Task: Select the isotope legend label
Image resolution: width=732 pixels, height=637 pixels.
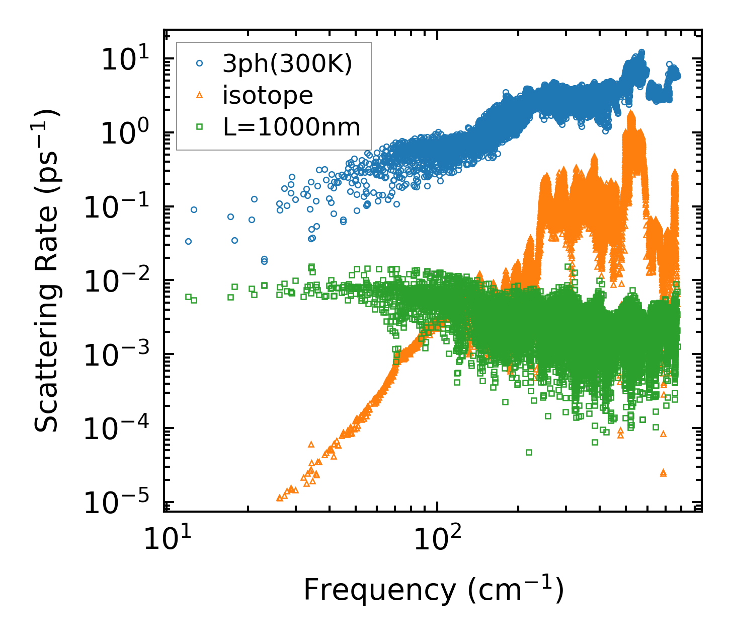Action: pos(268,95)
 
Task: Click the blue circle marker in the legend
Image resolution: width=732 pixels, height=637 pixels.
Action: pos(200,64)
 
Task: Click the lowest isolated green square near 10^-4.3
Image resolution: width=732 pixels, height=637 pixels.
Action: pos(529,452)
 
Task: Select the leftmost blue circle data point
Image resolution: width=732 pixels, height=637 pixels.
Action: pos(188,241)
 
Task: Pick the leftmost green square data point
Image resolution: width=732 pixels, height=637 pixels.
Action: pos(188,297)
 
